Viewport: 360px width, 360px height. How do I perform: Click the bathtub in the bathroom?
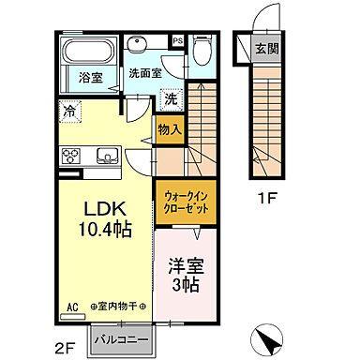pyautogui.click(x=90, y=50)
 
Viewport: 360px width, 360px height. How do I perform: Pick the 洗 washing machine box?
pyautogui.click(x=171, y=98)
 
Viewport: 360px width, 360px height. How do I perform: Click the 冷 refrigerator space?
pyautogui.click(x=70, y=111)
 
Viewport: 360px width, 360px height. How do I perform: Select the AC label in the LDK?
pyautogui.click(x=72, y=306)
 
